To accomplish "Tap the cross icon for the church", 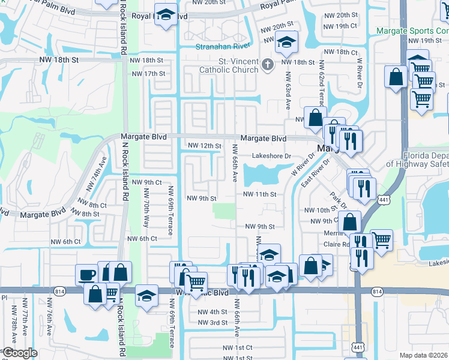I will pyautogui.click(x=268, y=62).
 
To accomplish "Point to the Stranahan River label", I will pyautogui.click(x=220, y=46).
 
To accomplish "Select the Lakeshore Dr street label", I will pyautogui.click(x=271, y=156).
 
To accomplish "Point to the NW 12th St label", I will pyautogui.click(x=205, y=146).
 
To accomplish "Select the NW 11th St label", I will pyautogui.click(x=259, y=194).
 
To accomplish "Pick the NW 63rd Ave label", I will pyautogui.click(x=288, y=90).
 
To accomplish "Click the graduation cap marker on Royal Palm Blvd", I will pyautogui.click(x=165, y=14).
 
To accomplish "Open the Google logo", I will pyautogui.click(x=20, y=353).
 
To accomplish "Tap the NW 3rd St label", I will pyautogui.click(x=212, y=323).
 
